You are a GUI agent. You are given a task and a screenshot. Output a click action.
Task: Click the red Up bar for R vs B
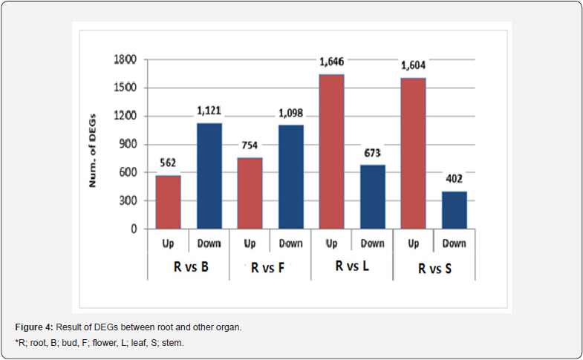[x=168, y=202]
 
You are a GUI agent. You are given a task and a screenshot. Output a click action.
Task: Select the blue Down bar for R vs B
[x=209, y=176]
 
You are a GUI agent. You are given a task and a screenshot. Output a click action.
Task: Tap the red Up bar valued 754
[x=250, y=193]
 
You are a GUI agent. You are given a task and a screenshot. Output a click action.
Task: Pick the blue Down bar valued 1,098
[x=291, y=177]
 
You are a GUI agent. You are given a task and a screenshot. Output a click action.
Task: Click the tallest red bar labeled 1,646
[x=332, y=151]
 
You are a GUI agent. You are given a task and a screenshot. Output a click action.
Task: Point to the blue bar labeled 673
[x=373, y=197]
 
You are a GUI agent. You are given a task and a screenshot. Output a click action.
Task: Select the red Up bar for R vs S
[x=414, y=153]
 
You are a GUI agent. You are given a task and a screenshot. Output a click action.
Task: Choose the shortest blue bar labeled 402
[x=455, y=210]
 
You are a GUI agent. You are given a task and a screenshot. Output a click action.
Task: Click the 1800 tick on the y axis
[x=125, y=59]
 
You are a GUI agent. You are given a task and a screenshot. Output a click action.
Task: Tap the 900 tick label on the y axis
[x=128, y=144]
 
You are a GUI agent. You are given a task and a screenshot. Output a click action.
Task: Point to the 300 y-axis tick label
[x=128, y=200]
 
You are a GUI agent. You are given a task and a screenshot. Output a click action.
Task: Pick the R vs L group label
[x=352, y=266]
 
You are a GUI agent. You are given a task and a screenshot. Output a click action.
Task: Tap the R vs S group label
[x=434, y=269]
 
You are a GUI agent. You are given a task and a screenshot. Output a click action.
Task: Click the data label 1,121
[x=209, y=111]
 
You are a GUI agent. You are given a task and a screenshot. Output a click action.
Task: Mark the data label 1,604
[x=414, y=66]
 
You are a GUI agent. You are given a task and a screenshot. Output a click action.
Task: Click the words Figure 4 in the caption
[x=33, y=327]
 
